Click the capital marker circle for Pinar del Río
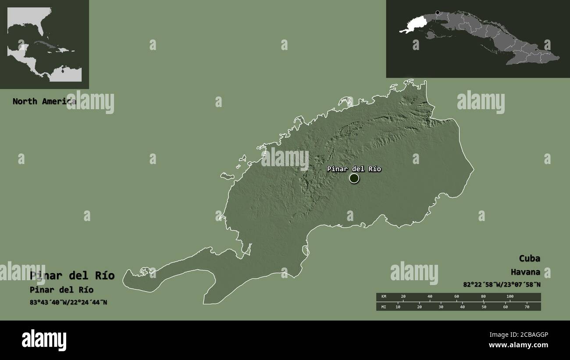click(354, 178)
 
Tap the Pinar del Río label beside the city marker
click(354, 169)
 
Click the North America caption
click(44, 101)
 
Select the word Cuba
click(529, 258)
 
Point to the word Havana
click(525, 272)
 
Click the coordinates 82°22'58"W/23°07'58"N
click(502, 284)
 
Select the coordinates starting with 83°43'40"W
click(68, 302)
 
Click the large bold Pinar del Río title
click(72, 275)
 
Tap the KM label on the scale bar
click(383, 297)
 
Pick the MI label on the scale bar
click(383, 307)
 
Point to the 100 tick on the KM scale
click(510, 297)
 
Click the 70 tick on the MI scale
click(527, 307)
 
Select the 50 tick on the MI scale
click(484, 307)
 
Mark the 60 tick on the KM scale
click(456, 297)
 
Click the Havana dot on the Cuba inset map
click(437, 13)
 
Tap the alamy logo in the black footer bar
click(44, 340)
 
